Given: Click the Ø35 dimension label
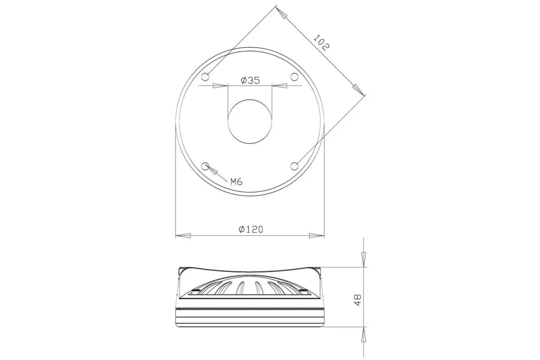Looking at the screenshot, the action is pyautogui.click(x=250, y=80).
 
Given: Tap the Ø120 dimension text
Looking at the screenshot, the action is pyautogui.click(x=251, y=229).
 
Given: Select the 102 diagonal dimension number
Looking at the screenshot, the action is pyautogui.click(x=321, y=43).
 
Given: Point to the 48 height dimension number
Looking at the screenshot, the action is pyautogui.click(x=358, y=300).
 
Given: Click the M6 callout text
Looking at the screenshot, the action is pyautogui.click(x=236, y=182).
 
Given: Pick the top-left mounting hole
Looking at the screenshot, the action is pyautogui.click(x=205, y=77).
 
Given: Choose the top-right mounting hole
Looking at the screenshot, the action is pyautogui.click(x=294, y=77).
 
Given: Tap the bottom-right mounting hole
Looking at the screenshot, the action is pyautogui.click(x=294, y=166).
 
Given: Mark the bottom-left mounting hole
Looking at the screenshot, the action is pyautogui.click(x=205, y=166).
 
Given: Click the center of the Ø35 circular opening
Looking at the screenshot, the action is pyautogui.click(x=250, y=122).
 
